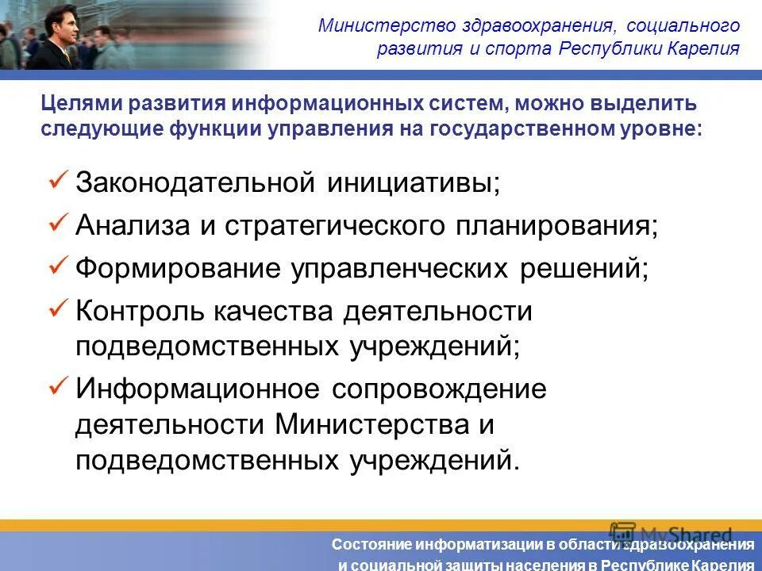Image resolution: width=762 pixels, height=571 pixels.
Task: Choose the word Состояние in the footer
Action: [x=368, y=545]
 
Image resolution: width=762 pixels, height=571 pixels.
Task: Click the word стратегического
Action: [x=331, y=225]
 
